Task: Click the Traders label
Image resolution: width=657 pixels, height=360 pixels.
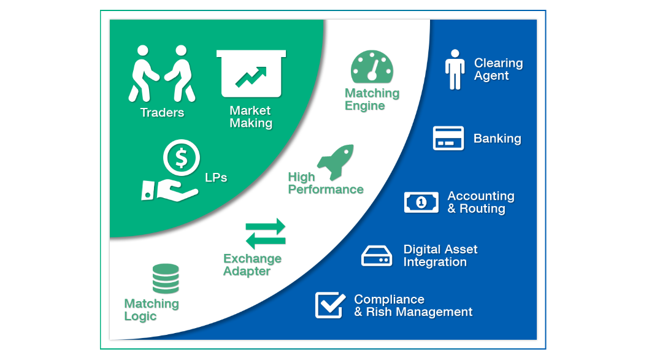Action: point(162,112)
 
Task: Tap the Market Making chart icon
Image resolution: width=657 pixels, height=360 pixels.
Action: point(251,74)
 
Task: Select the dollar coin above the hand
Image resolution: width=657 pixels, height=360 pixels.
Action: point(182,158)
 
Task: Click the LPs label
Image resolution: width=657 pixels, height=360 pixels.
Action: point(216,178)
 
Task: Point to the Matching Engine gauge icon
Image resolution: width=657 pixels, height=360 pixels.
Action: point(372,67)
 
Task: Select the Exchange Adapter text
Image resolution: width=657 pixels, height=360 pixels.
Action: point(252,265)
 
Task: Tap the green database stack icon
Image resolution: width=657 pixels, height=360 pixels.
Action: point(166,278)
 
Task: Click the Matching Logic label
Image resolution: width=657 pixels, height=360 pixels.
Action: point(152,310)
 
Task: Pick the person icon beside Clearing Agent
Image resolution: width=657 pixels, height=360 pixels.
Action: point(455,69)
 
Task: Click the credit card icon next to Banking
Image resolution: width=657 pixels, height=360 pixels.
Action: point(448,138)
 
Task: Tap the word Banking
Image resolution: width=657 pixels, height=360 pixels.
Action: point(498,139)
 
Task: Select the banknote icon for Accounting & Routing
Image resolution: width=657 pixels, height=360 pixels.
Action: point(421,202)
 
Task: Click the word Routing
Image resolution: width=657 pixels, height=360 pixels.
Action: point(482,209)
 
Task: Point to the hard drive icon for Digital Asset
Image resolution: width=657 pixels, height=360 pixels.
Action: point(377,256)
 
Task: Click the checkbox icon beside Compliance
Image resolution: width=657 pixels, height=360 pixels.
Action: point(330,305)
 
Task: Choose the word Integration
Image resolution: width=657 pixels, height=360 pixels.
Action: point(435,262)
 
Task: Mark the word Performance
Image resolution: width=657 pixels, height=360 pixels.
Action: point(326,190)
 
